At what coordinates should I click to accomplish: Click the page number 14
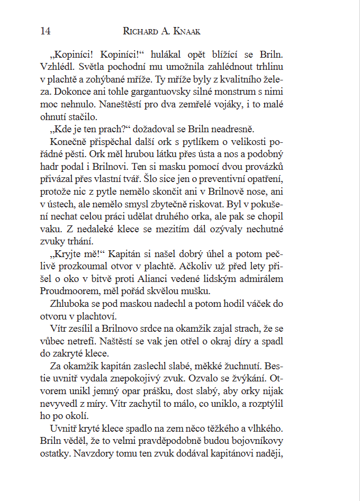pyautogui.click(x=45, y=31)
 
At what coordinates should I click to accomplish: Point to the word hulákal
pyautogui.click(x=167, y=54)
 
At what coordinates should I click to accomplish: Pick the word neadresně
pyautogui.click(x=232, y=130)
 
